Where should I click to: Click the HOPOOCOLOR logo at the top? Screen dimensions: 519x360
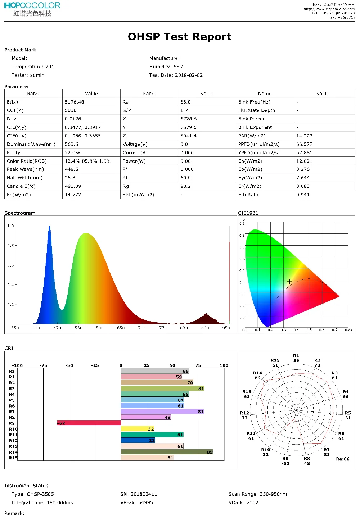click(32, 6)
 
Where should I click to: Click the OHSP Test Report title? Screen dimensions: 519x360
click(179, 37)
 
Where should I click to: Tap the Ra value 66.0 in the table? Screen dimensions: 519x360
click(185, 102)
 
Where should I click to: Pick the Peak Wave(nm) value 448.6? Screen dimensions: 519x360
click(71, 169)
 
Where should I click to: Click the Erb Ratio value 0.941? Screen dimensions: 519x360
click(303, 195)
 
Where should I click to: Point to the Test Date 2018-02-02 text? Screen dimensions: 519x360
click(176, 75)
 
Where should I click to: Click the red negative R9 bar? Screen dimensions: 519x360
click(89, 423)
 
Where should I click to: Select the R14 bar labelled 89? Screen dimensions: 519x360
click(167, 452)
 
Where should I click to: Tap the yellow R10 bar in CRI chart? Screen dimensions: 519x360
click(138, 429)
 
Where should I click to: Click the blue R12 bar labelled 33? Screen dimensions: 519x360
click(138, 440)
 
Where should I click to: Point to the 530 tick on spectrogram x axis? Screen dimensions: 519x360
click(78, 328)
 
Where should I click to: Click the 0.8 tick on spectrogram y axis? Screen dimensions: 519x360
click(10, 246)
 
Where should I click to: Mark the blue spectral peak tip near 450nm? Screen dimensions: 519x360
click(50, 226)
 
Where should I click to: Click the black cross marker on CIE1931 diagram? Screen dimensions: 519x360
click(289, 281)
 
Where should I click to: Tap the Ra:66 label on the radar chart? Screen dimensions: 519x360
click(342, 459)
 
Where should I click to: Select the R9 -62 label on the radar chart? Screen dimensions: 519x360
click(285, 461)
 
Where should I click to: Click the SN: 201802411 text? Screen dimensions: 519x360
click(139, 494)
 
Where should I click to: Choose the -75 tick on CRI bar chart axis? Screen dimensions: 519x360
click(43, 365)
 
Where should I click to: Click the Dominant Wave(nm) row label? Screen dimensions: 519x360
click(31, 144)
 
